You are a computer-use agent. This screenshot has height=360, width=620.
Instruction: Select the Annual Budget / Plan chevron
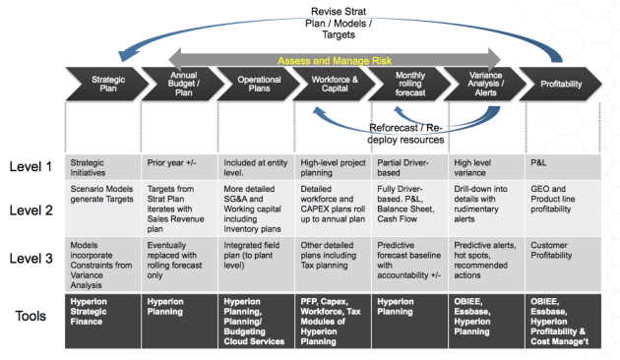(181, 84)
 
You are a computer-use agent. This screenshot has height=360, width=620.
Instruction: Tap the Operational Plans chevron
(257, 84)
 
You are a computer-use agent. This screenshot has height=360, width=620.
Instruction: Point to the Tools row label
(33, 317)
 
